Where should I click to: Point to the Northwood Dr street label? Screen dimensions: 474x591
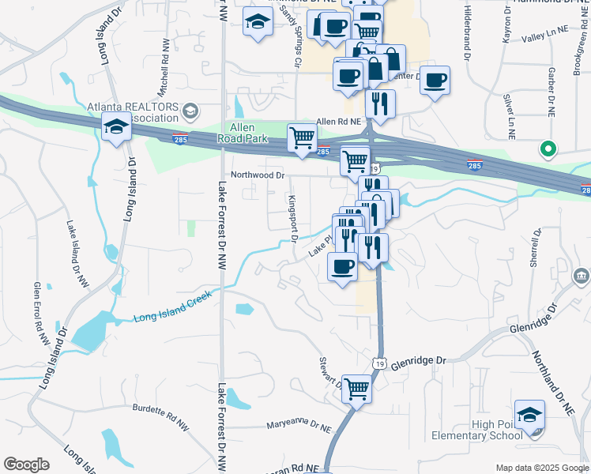(257, 175)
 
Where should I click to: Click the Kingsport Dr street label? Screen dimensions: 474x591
(292, 218)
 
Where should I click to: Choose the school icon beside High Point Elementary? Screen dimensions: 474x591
(529, 415)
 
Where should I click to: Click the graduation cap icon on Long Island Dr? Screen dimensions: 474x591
(116, 126)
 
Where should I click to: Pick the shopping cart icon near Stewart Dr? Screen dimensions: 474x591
(357, 389)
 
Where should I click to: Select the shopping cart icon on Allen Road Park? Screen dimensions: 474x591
(302, 137)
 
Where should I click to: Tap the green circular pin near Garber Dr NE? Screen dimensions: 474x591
(546, 148)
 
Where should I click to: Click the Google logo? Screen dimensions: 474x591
(26, 465)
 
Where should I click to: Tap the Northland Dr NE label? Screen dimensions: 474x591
(552, 384)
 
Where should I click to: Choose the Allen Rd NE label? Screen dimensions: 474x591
(338, 121)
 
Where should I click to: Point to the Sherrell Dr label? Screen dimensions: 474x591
(536, 246)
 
